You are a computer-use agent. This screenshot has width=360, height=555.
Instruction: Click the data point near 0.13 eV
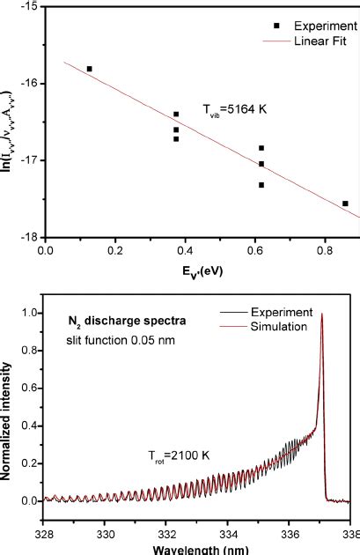click(89, 69)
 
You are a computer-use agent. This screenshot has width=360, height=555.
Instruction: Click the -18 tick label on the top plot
click(31, 237)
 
